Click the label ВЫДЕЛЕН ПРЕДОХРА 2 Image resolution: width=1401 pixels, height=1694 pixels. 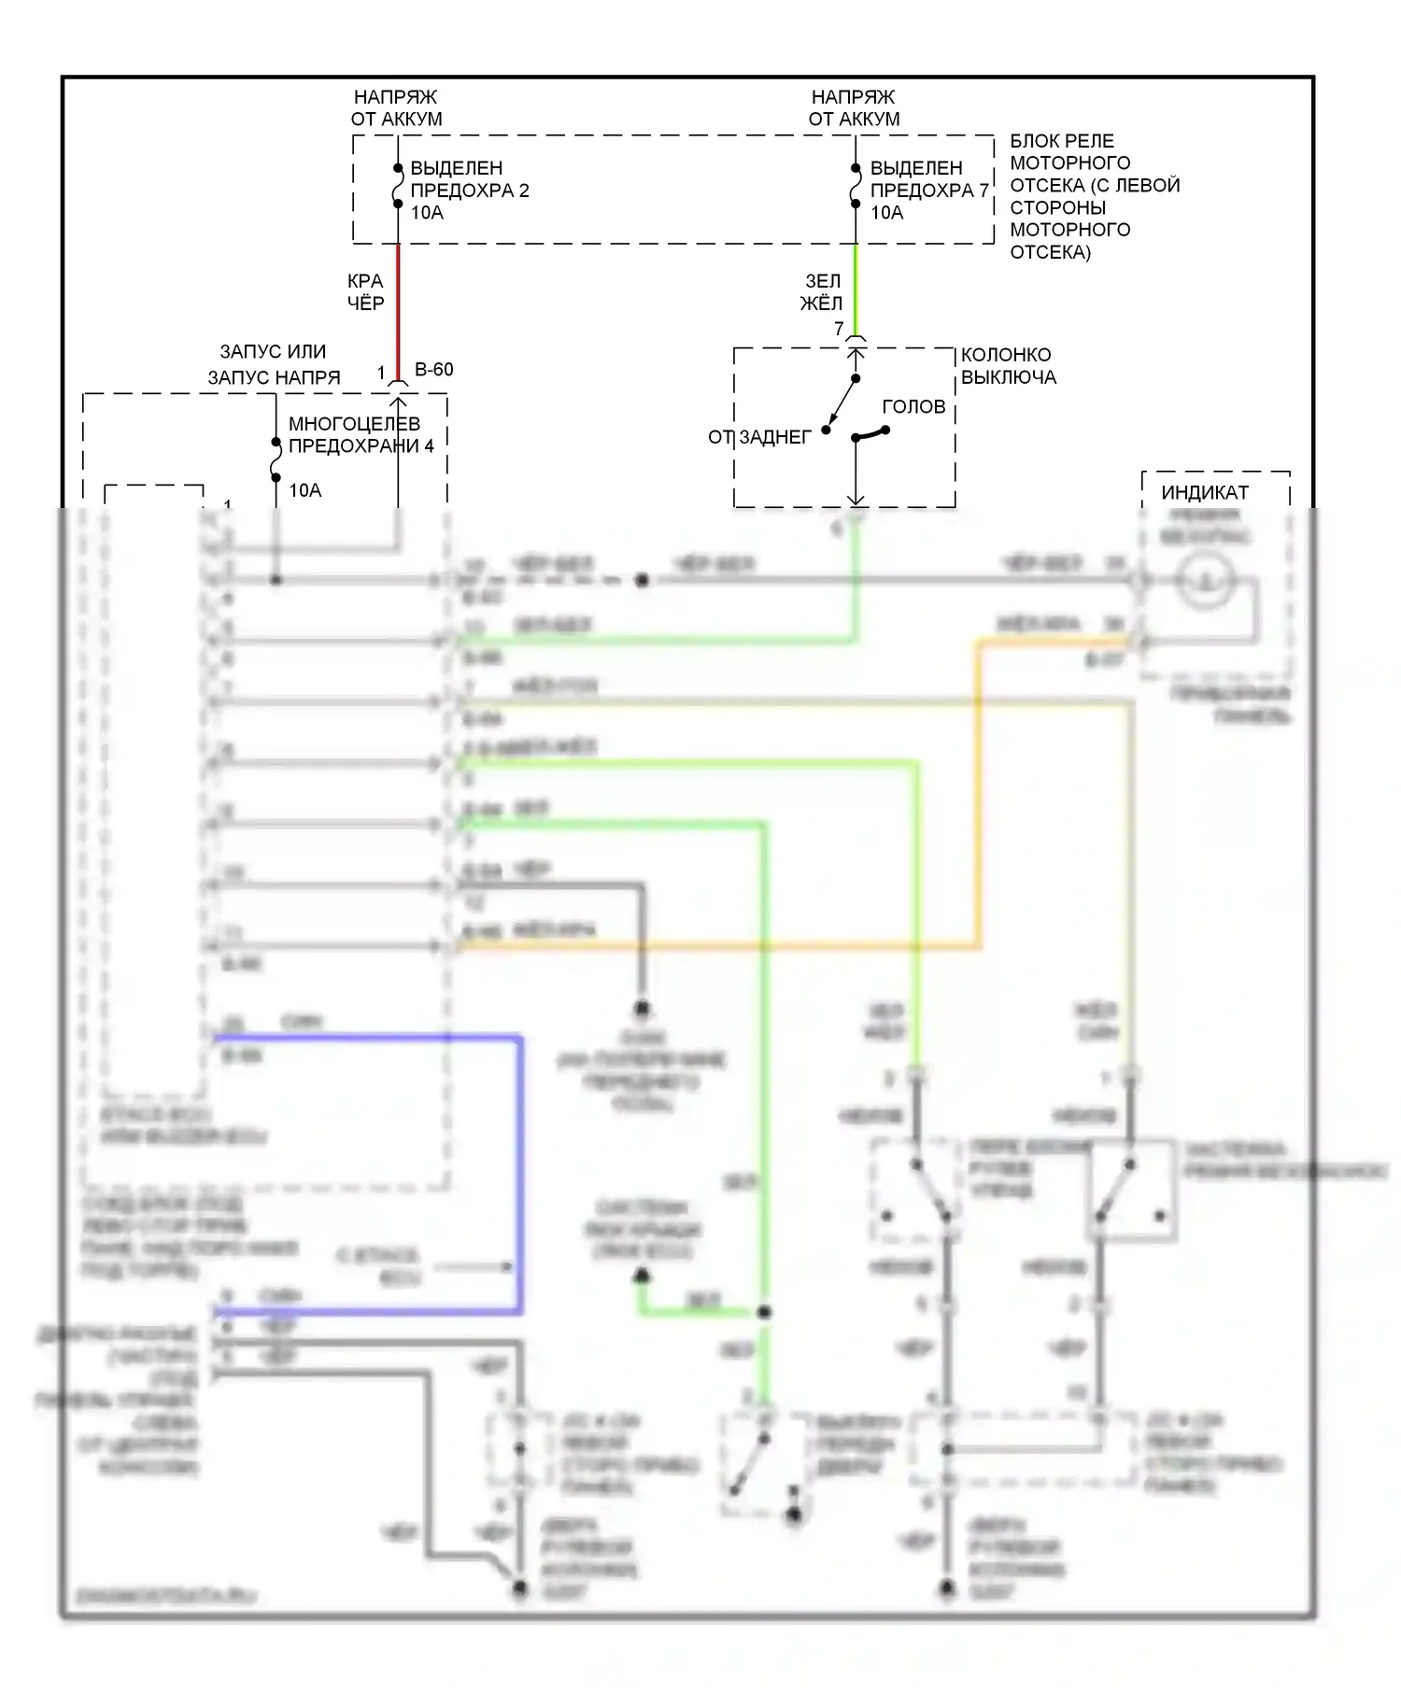coord(469,179)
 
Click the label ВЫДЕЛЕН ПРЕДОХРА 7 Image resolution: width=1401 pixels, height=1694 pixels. coord(928,179)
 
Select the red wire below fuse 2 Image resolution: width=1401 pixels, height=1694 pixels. coord(399,308)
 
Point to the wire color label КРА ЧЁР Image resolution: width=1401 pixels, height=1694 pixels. coord(365,291)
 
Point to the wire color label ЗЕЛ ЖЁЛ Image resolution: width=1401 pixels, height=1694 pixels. coord(822,291)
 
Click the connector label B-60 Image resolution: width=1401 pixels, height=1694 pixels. coord(433,370)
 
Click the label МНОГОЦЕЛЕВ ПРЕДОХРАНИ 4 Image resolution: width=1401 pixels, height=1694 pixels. coord(361,435)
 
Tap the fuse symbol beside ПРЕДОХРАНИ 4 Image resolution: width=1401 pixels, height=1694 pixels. coord(276,459)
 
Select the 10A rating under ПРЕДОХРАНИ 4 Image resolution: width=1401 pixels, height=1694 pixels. coord(304,490)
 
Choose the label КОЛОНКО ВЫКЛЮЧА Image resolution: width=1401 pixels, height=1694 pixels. coord(1008,366)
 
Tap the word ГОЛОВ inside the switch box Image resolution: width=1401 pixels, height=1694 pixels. coord(913,407)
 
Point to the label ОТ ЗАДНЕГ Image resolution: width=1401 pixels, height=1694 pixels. coord(759,437)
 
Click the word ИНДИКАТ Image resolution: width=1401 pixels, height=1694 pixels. coord(1204,492)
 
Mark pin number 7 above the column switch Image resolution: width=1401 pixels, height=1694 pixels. coord(839,329)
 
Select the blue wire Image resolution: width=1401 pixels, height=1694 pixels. coord(518,1167)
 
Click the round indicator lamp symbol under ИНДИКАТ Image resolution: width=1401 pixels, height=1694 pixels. coord(1204,581)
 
